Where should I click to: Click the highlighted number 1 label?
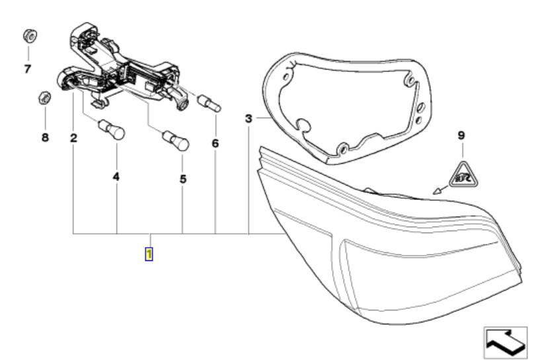point(149,254)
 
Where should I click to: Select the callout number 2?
point(73,139)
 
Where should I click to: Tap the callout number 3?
point(248,119)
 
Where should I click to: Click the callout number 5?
point(182,178)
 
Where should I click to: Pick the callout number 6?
point(215,143)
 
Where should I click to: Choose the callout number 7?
point(27,69)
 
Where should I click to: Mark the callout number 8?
point(44,139)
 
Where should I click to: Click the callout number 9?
point(461,135)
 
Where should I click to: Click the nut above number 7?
point(28,35)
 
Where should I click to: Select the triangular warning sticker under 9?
point(462,174)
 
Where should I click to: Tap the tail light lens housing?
point(397,264)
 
